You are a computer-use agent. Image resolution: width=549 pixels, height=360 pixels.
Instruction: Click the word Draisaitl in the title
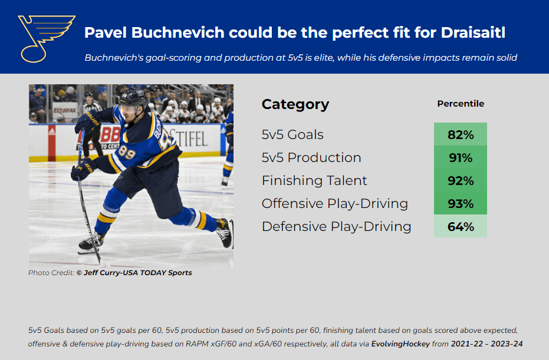pyautogui.click(x=473, y=32)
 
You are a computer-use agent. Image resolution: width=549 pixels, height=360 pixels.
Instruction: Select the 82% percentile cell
pyautogui.click(x=461, y=134)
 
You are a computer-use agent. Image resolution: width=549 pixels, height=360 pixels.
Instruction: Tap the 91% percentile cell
pyautogui.click(x=461, y=157)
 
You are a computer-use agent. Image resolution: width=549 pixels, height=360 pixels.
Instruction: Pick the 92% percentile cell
pyautogui.click(x=461, y=180)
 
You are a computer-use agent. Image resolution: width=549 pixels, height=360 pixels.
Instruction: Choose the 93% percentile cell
pyautogui.click(x=461, y=203)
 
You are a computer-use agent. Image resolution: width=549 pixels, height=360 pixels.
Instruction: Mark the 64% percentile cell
pyautogui.click(x=461, y=226)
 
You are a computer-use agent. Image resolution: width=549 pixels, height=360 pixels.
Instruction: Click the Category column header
pyautogui.click(x=295, y=104)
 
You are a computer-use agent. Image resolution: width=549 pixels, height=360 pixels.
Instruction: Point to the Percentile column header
pyautogui.click(x=461, y=104)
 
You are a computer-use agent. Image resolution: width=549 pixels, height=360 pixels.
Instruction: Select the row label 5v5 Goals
pyautogui.click(x=292, y=135)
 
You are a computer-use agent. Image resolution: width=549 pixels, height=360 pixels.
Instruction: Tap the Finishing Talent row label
pyautogui.click(x=314, y=181)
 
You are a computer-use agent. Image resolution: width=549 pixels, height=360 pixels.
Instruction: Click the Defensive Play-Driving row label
pyautogui.click(x=336, y=227)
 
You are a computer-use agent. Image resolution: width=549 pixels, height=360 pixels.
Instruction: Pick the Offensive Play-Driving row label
pyautogui.click(x=335, y=204)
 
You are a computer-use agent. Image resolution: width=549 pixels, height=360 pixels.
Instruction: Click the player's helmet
pyautogui.click(x=133, y=97)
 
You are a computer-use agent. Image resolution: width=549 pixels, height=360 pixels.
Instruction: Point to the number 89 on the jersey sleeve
pyautogui.click(x=127, y=152)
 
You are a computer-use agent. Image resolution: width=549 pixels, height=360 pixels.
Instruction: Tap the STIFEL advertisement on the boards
pyautogui.click(x=188, y=138)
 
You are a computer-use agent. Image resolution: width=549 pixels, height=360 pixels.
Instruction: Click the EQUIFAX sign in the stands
pyautogui.click(x=65, y=111)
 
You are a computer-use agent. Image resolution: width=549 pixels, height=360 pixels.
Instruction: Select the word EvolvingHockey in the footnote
pyautogui.click(x=400, y=344)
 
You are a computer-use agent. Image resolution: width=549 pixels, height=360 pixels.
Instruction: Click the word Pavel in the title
pyautogui.click(x=106, y=32)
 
